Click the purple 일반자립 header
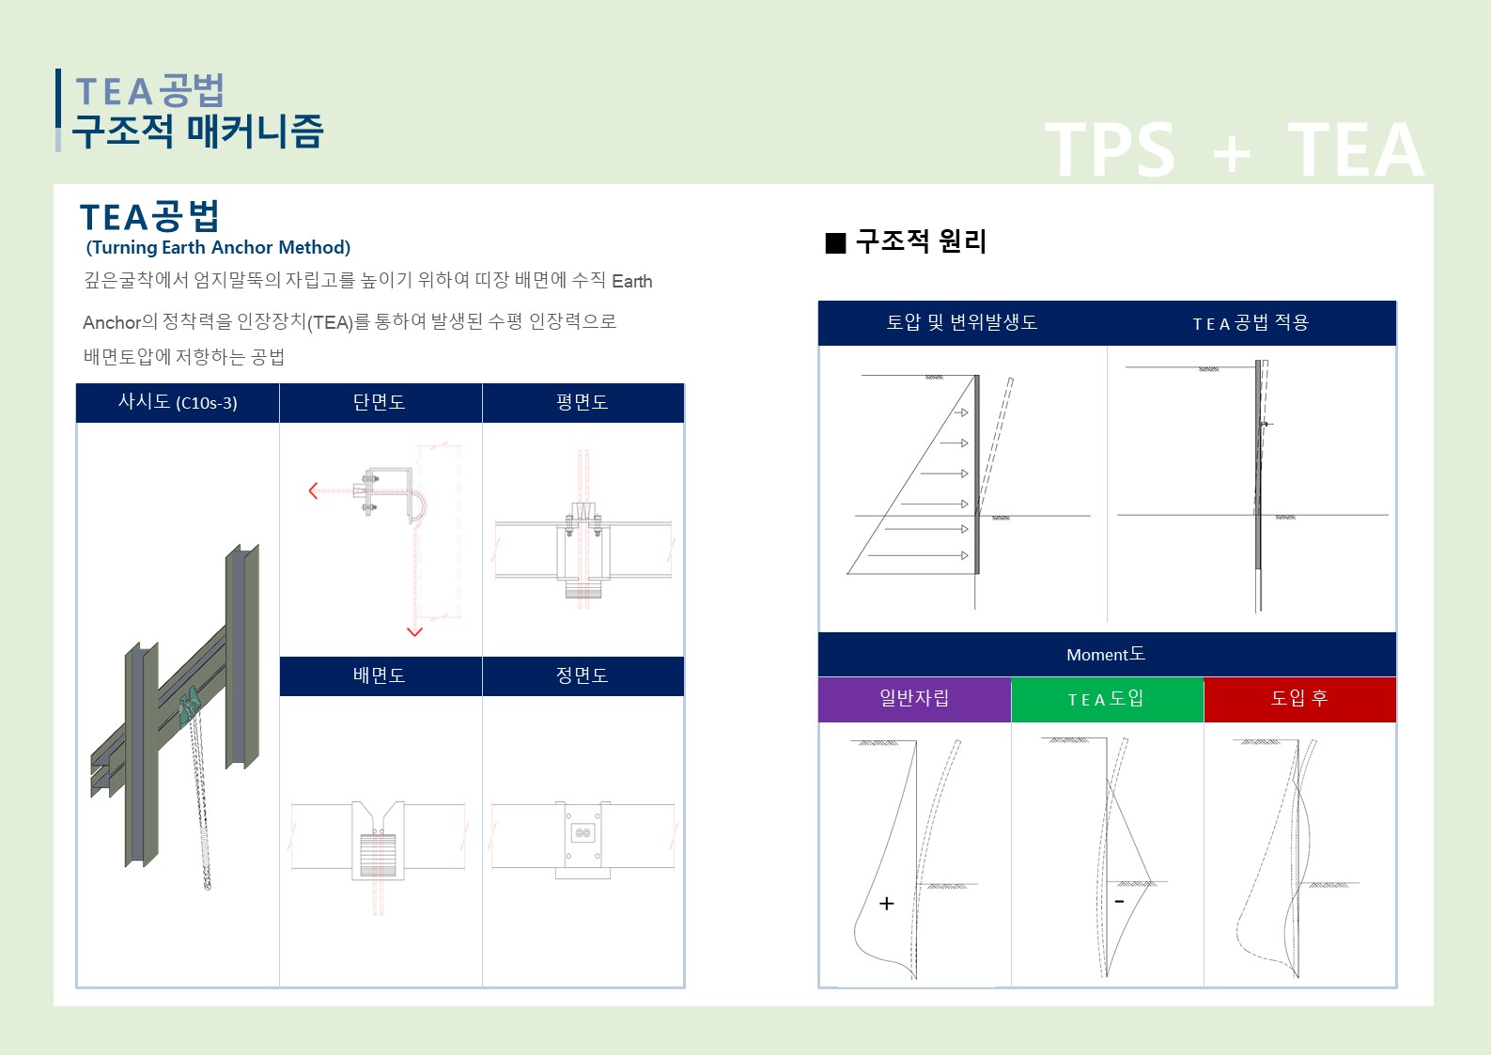(x=914, y=699)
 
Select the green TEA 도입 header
(x=1107, y=699)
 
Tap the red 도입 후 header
(x=1299, y=699)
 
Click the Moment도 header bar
(x=1107, y=654)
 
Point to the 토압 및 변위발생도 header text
(x=962, y=323)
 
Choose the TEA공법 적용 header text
(x=1251, y=323)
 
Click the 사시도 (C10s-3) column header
(x=178, y=403)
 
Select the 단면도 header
(x=381, y=403)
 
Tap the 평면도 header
(x=583, y=403)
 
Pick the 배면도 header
(x=381, y=676)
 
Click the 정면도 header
(x=583, y=676)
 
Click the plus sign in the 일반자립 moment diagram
(x=887, y=903)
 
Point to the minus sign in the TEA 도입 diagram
(x=1120, y=901)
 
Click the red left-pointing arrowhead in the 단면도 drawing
(x=313, y=491)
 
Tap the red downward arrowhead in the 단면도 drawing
(x=414, y=631)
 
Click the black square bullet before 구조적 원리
(x=835, y=242)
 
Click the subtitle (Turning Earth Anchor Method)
(x=218, y=248)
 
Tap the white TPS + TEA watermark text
(x=1234, y=150)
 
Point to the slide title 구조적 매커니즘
(x=198, y=132)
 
